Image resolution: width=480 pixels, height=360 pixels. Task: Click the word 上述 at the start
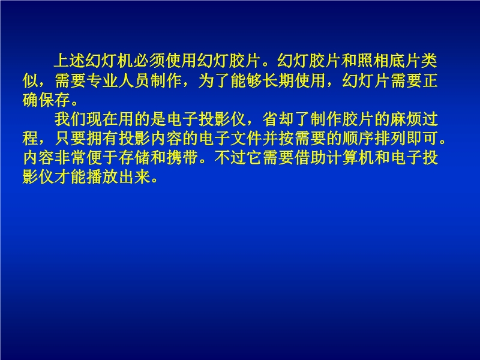70,61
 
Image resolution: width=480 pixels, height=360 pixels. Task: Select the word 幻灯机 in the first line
109,61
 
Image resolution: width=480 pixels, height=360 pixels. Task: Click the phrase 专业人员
118,80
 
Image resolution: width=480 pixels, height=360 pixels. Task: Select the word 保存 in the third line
55,100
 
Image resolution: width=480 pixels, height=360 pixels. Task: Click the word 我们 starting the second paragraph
70,119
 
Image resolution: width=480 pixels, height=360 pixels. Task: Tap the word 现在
102,119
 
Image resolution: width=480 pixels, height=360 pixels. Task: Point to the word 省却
278,119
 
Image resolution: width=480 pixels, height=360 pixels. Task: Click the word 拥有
102,139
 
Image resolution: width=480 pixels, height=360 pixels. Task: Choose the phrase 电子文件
231,139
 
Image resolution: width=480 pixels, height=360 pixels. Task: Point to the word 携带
182,158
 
